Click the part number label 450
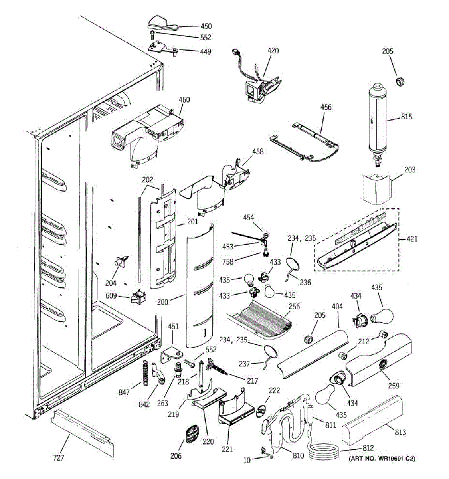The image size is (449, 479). [x=206, y=26]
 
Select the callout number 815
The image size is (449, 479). [x=407, y=117]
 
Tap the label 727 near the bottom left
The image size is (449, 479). [x=59, y=457]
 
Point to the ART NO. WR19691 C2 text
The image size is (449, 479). [x=382, y=459]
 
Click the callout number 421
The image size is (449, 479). [x=412, y=239]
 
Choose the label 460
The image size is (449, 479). [x=184, y=100]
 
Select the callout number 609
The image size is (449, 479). [x=111, y=296]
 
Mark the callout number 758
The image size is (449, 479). [x=228, y=262]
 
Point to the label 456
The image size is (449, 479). [x=326, y=107]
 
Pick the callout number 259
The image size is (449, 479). [x=394, y=386]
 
